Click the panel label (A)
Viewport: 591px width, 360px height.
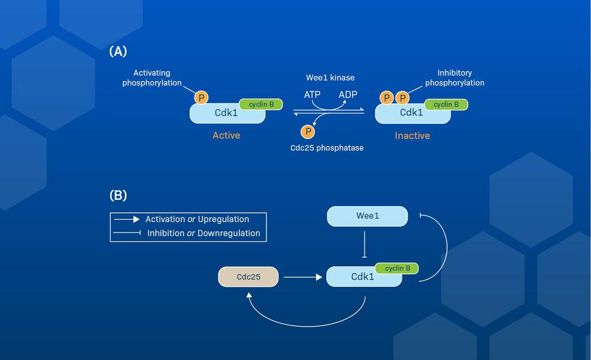click(x=118, y=51)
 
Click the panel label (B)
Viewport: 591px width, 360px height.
click(x=118, y=195)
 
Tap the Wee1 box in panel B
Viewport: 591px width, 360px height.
click(x=367, y=216)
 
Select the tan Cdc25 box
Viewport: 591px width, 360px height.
click(x=248, y=277)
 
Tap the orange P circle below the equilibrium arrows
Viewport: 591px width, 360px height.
click(x=307, y=132)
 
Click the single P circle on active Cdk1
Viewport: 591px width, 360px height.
click(x=201, y=98)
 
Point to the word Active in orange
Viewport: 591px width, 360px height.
click(x=226, y=135)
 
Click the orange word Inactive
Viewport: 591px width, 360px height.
click(x=412, y=136)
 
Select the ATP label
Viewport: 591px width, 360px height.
click(x=312, y=94)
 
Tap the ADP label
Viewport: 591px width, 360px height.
click(x=348, y=94)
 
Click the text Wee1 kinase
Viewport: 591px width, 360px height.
click(x=330, y=77)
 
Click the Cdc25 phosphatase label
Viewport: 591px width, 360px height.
click(x=327, y=148)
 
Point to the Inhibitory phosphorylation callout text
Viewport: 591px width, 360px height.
click(x=455, y=78)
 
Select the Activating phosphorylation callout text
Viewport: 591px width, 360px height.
click(x=152, y=78)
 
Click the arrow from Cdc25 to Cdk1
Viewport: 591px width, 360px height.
click(x=302, y=277)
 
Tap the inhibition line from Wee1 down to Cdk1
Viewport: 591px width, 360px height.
click(x=364, y=244)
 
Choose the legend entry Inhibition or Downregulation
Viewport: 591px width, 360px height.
click(x=203, y=233)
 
